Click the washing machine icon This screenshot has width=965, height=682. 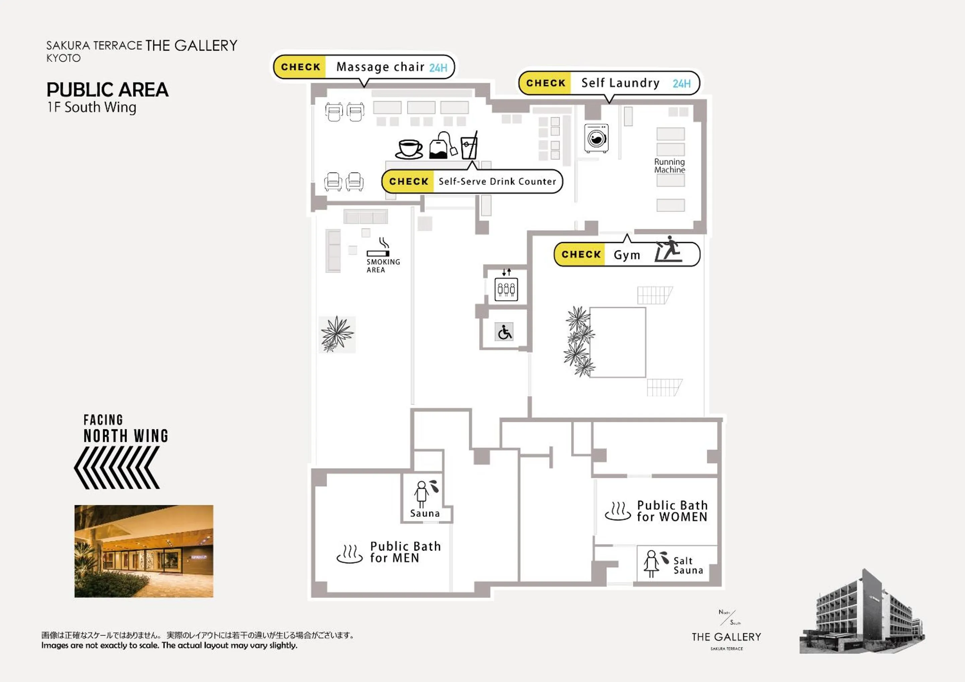[596, 138]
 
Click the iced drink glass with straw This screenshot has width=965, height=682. [469, 145]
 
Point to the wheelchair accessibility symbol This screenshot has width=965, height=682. [504, 332]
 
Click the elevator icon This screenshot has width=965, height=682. [506, 289]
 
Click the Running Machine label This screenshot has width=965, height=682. [669, 166]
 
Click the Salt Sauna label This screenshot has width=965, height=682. [688, 565]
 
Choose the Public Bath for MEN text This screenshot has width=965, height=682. [405, 552]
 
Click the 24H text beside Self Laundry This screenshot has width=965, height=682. [681, 83]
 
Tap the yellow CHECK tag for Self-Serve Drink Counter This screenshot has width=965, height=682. [408, 182]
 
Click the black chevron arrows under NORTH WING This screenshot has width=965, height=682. [117, 468]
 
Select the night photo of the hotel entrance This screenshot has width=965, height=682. [144, 551]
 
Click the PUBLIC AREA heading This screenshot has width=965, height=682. [108, 89]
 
